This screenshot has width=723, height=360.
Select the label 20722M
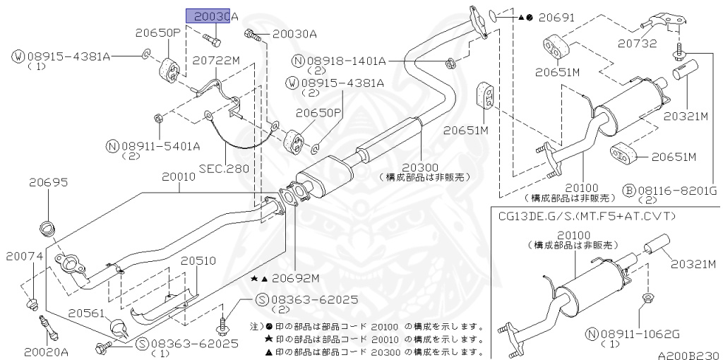[x=217, y=61]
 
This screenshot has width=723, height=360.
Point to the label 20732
[x=635, y=44]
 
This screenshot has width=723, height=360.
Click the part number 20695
[x=49, y=182]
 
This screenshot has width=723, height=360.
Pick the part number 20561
[x=88, y=311]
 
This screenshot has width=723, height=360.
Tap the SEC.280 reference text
[x=225, y=169]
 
